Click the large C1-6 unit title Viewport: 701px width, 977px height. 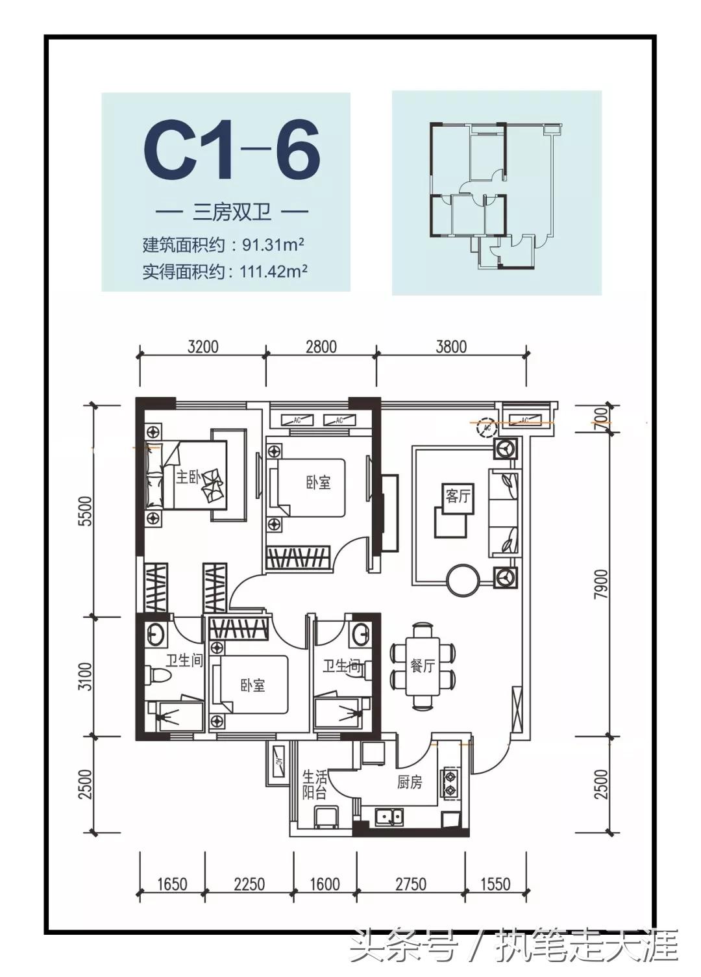[x=232, y=151]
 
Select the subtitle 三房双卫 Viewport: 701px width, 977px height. [x=232, y=212]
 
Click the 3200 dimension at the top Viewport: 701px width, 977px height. [x=203, y=346]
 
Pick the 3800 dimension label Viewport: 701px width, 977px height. [x=451, y=346]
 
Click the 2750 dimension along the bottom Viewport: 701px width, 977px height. [x=411, y=883]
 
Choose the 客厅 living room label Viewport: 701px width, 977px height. [x=458, y=496]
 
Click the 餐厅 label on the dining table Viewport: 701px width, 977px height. [x=423, y=666]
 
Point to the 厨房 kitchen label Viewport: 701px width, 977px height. [x=410, y=783]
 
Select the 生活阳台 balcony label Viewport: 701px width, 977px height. [x=315, y=785]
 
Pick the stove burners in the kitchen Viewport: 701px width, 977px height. [x=449, y=783]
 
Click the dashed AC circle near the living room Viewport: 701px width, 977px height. [x=485, y=427]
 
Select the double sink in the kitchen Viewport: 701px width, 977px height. [x=388, y=816]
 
